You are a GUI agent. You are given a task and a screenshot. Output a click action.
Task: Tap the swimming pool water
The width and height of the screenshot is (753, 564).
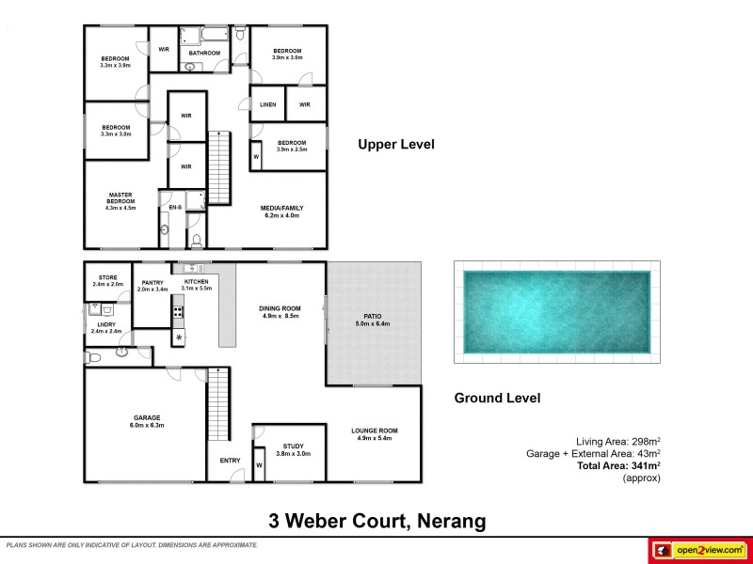point(555,307)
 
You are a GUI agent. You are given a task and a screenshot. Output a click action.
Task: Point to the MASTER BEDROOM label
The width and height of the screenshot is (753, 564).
point(120,198)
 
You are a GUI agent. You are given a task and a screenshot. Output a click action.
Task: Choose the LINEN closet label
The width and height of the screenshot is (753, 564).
point(267,104)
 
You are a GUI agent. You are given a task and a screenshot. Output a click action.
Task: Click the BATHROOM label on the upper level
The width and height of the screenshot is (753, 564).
point(204,54)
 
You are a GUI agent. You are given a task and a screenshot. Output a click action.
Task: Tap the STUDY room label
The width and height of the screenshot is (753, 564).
point(293,446)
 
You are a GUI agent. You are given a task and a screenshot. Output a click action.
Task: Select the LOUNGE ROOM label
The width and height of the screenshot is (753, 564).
point(376,431)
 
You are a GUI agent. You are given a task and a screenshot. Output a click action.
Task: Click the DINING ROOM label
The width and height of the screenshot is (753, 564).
point(279,308)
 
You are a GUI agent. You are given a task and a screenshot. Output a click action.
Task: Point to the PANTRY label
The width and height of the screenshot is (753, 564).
point(152,282)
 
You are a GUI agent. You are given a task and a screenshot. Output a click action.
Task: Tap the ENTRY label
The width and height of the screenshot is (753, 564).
point(230,460)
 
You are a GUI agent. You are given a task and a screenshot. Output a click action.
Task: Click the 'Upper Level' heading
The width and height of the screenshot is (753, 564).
point(395,145)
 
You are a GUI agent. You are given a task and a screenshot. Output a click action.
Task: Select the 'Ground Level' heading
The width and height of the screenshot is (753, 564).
point(497,398)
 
